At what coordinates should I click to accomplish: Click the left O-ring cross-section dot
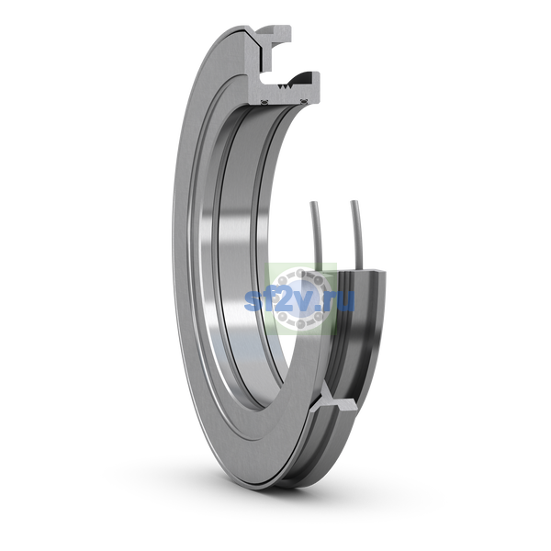264,102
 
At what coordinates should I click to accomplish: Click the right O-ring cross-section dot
304,102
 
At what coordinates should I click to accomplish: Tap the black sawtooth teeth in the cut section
285,86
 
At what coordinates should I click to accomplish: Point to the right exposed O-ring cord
357,235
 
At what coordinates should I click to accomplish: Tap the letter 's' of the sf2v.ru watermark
253,302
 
